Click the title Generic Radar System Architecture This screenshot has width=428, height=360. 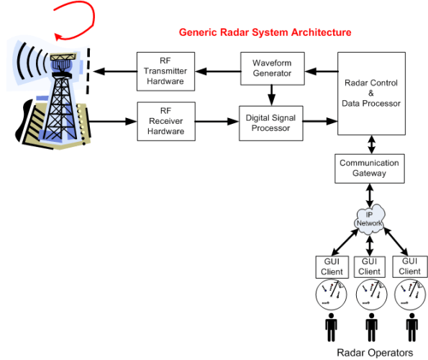[265, 32]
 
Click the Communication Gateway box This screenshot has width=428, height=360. [369, 168]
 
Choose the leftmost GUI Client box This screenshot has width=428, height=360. [331, 266]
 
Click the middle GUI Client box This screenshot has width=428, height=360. [369, 266]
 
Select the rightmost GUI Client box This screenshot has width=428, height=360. [409, 266]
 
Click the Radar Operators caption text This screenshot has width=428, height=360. [375, 353]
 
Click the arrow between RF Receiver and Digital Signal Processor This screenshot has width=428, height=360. [217, 122]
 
